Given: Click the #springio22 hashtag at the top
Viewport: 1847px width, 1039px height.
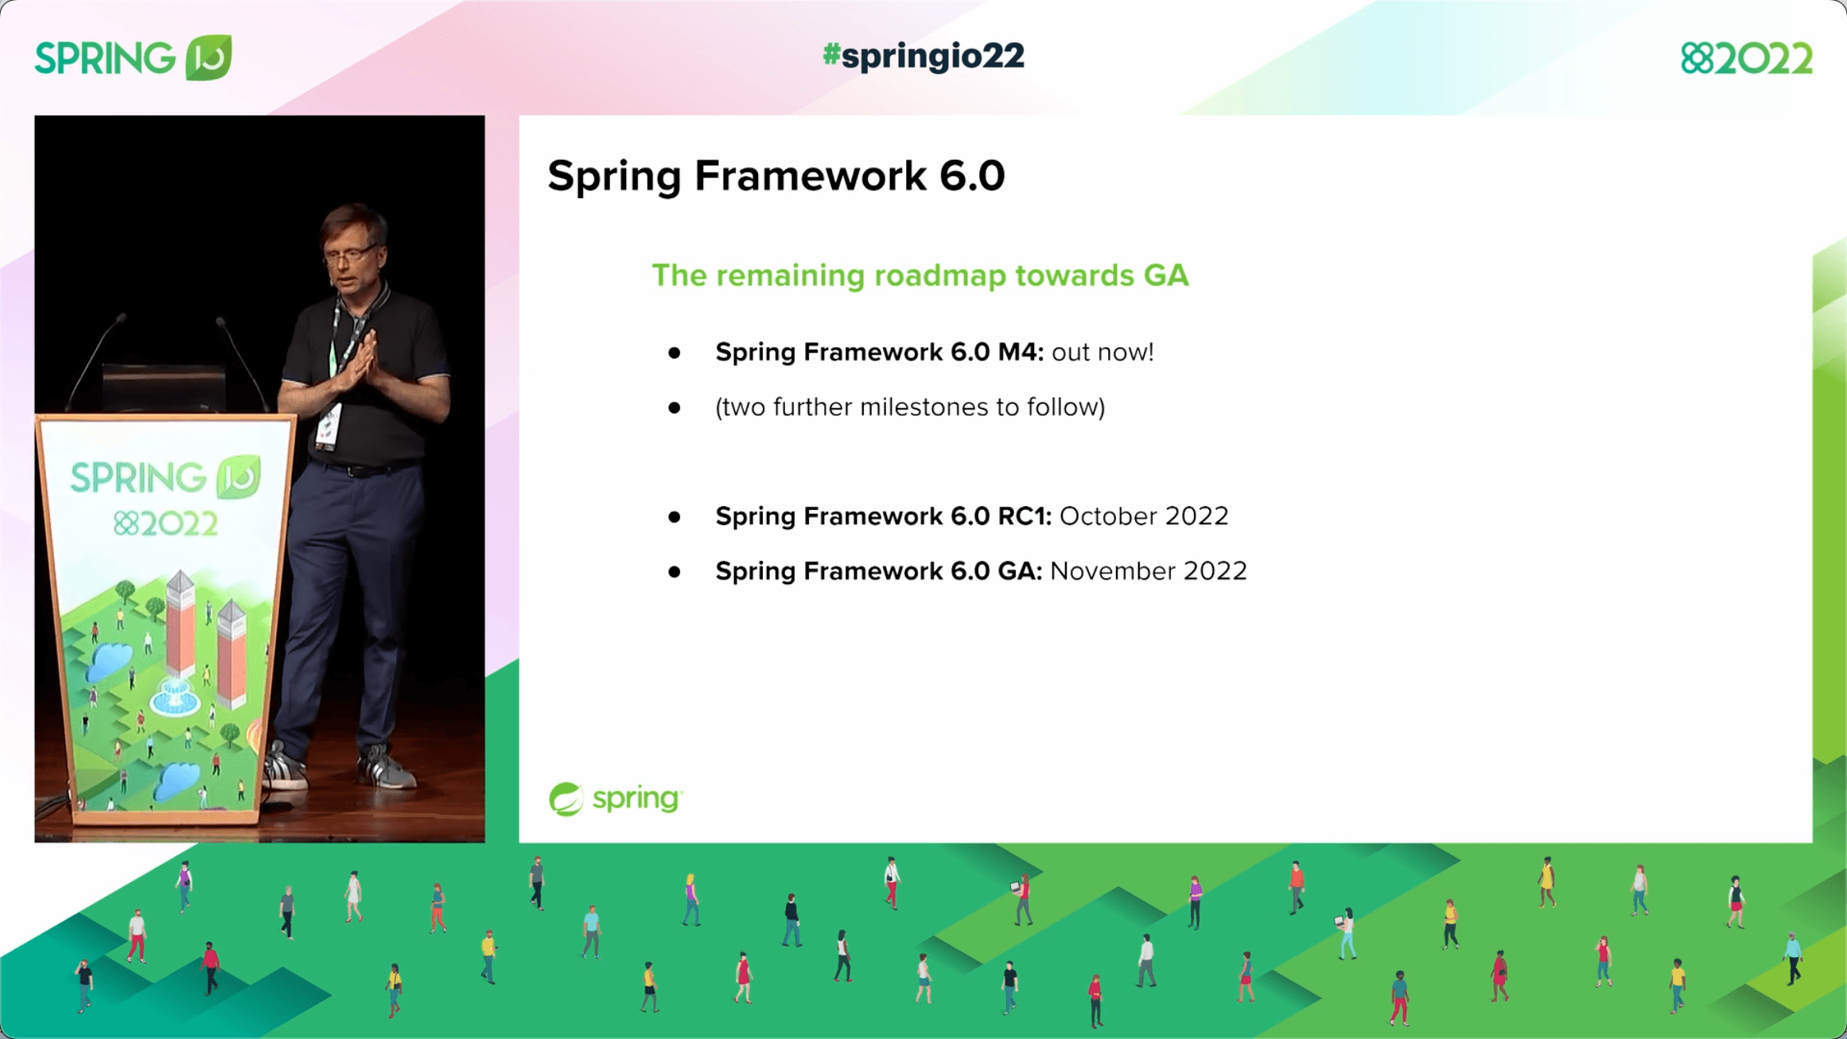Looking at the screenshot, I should click(x=923, y=56).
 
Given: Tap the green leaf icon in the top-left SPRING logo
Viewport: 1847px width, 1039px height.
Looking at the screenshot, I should click(x=208, y=57).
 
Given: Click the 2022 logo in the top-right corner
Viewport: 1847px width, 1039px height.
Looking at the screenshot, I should click(x=1746, y=59).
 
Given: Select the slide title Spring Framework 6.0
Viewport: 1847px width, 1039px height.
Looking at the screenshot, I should click(x=776, y=175).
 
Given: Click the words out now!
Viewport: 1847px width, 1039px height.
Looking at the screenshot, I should click(x=1102, y=352).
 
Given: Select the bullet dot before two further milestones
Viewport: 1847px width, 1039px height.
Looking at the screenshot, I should click(x=674, y=407).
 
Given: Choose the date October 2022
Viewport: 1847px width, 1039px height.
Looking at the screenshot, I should click(x=1143, y=516).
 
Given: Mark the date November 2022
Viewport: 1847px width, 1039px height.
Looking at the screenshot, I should click(x=1148, y=570).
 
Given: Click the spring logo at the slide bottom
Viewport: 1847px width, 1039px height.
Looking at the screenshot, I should click(x=615, y=798).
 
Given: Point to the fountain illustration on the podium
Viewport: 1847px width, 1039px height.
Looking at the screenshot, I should click(x=174, y=697).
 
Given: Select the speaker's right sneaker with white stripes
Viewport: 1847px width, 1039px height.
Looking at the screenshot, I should click(x=286, y=768).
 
